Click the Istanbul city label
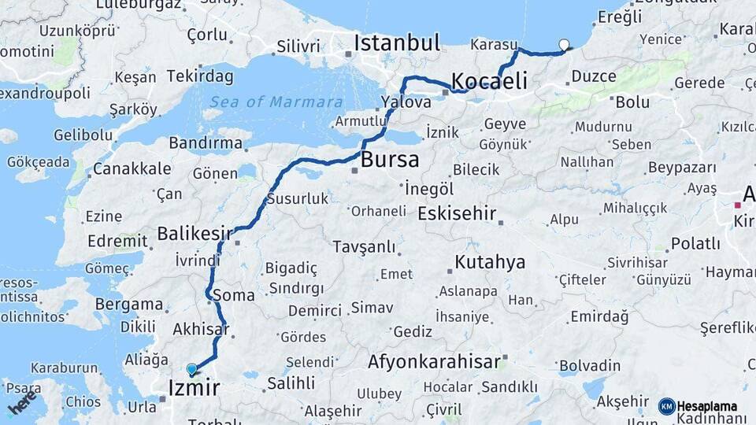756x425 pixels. pyautogui.click(x=396, y=43)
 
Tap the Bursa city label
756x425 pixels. pyautogui.click(x=390, y=161)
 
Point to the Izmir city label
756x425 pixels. pyautogui.click(x=195, y=387)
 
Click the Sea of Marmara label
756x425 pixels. pyautogui.click(x=276, y=102)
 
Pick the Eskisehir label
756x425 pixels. pyautogui.click(x=457, y=213)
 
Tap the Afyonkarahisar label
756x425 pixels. pyautogui.click(x=434, y=362)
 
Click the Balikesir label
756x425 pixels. pyautogui.click(x=195, y=234)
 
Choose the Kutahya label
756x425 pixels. pyautogui.click(x=490, y=262)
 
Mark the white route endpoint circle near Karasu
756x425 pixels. pyautogui.click(x=564, y=45)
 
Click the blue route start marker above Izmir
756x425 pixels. pyautogui.click(x=191, y=368)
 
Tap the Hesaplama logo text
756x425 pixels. pyautogui.click(x=706, y=406)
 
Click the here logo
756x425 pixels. pyautogui.click(x=22, y=402)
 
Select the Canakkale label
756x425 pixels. pyautogui.click(x=132, y=168)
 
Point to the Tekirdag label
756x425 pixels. pyautogui.click(x=200, y=76)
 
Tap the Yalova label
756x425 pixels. pyautogui.click(x=406, y=102)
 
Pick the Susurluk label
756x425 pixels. pyautogui.click(x=297, y=199)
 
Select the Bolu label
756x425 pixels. pyautogui.click(x=632, y=102)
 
